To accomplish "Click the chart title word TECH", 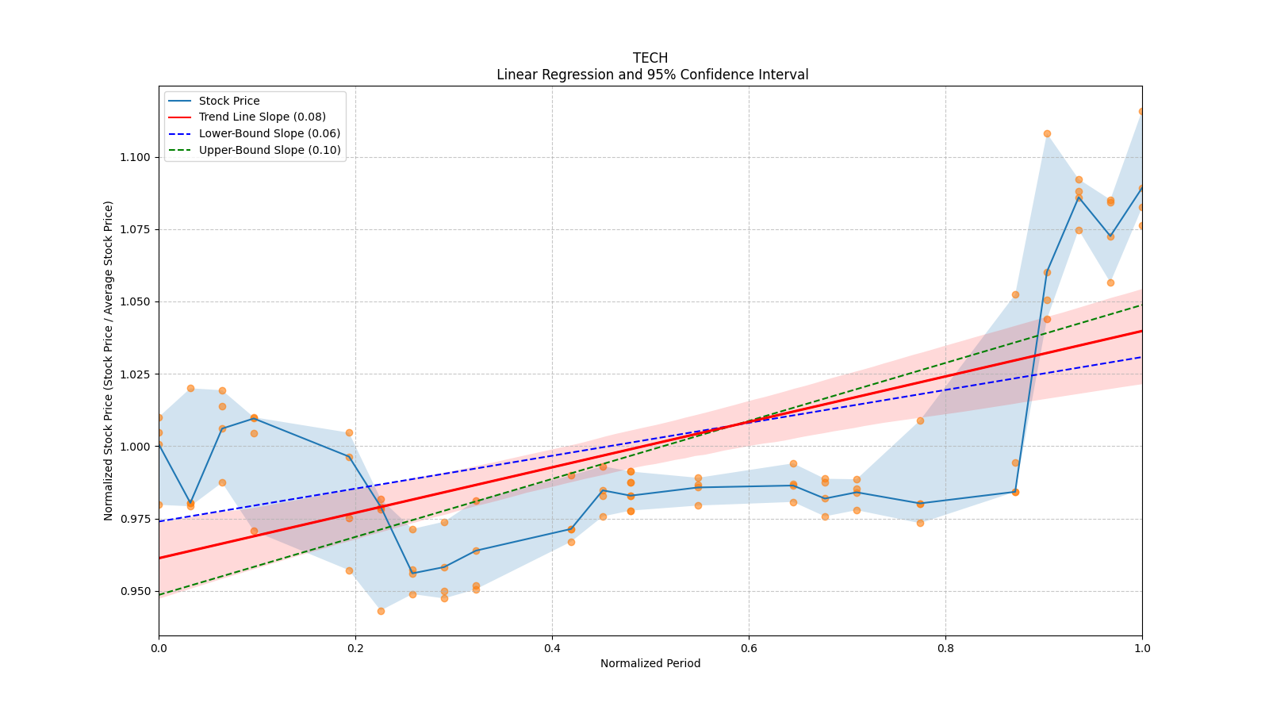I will (x=650, y=58).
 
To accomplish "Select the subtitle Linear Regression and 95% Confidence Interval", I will (x=652, y=75).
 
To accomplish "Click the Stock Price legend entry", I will (x=229, y=101).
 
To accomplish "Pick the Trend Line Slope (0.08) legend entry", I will (x=262, y=117).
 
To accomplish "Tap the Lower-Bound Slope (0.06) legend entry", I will (x=269, y=133).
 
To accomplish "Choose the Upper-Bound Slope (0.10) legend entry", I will (x=270, y=150).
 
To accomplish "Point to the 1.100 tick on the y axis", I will (x=135, y=157).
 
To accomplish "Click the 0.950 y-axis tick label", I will (x=135, y=591).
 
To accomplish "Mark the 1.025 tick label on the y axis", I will (x=135, y=374).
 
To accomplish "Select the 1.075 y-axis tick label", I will (x=135, y=229).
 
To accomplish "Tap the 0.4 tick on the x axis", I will (x=552, y=648).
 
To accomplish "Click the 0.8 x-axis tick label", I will (x=945, y=648).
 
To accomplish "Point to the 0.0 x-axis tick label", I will (x=159, y=648).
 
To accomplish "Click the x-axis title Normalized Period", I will (x=650, y=663).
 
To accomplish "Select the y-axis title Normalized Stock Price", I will (x=109, y=360).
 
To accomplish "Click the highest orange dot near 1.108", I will (x=1047, y=133).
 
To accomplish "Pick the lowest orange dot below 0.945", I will (x=381, y=611).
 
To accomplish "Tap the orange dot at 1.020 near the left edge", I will (x=190, y=388).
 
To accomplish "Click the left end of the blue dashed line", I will (x=159, y=521).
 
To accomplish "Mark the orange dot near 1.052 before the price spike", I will (x=1015, y=294).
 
